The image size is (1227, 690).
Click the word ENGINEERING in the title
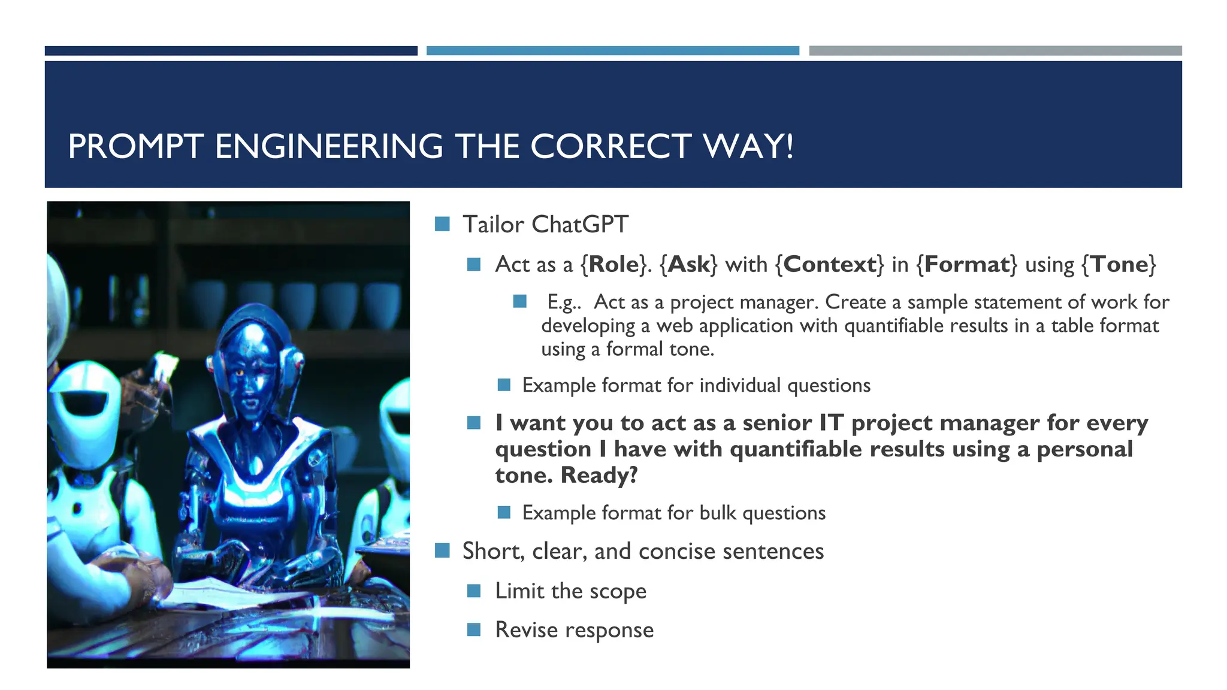[x=328, y=147]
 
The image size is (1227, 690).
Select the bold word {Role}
[x=614, y=264]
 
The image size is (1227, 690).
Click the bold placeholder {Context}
[x=830, y=264]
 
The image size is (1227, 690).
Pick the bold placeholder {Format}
[x=966, y=264]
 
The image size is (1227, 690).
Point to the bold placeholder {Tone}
[x=1119, y=264]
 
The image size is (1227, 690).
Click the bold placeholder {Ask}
[x=688, y=264]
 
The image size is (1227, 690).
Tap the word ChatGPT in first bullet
[x=579, y=225]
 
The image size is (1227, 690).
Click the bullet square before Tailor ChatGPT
[x=442, y=224]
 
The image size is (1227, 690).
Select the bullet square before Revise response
[x=474, y=630]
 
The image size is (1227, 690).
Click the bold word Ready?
[x=599, y=475]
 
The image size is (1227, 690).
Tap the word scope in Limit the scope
[x=618, y=591]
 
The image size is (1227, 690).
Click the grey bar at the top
[x=995, y=51]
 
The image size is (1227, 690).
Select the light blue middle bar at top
[x=612, y=51]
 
